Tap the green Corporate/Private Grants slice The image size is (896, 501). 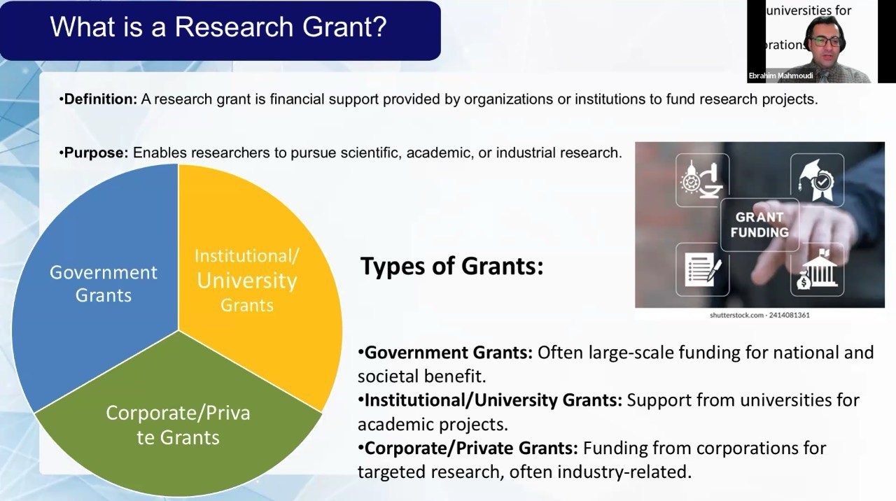[178, 424]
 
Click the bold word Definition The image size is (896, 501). [100, 99]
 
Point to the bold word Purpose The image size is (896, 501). [96, 153]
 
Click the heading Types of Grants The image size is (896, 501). [452, 266]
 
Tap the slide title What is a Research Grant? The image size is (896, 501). [218, 27]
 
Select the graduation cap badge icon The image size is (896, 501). [817, 180]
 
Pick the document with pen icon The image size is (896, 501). [703, 269]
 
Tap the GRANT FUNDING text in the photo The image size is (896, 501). [759, 225]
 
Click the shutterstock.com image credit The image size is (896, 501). [759, 315]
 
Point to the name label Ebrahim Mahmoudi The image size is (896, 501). [780, 76]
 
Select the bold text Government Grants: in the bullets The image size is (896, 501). [449, 353]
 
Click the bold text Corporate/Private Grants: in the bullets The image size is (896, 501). [471, 449]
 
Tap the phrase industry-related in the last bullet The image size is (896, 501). [624, 472]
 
